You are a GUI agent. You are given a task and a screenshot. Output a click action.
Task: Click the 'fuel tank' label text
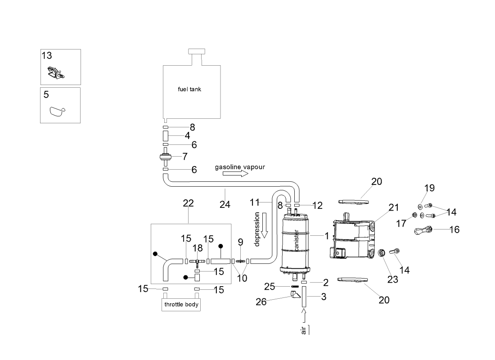tap(189, 89)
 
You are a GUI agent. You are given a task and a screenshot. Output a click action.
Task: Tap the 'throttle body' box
tap(180, 305)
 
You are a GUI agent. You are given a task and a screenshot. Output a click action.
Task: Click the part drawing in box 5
tap(56, 111)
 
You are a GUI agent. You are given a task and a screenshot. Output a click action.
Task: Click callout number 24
tap(225, 204)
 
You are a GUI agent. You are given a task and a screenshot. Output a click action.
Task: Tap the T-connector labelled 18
tap(197, 261)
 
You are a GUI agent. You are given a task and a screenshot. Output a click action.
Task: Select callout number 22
tap(188, 203)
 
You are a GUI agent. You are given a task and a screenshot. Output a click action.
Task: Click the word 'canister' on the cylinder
tap(297, 240)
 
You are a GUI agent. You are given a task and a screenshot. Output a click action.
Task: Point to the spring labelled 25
tap(295, 286)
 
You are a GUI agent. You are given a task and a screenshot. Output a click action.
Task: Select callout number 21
tap(394, 207)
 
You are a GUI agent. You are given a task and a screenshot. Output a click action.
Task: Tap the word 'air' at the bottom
tap(304, 330)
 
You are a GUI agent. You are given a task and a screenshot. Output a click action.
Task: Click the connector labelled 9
tap(240, 261)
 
